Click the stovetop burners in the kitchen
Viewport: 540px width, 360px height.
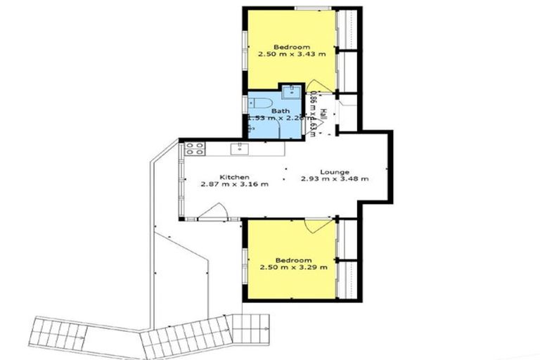click(x=194, y=148)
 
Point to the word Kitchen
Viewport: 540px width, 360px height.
click(x=234, y=176)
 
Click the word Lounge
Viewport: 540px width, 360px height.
click(x=333, y=171)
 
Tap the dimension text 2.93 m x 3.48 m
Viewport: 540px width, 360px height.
click(x=335, y=179)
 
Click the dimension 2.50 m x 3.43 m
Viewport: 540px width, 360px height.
click(x=290, y=53)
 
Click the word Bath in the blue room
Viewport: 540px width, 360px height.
click(x=280, y=111)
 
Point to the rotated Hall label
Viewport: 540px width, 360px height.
click(x=323, y=113)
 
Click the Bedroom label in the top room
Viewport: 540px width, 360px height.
click(x=290, y=46)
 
